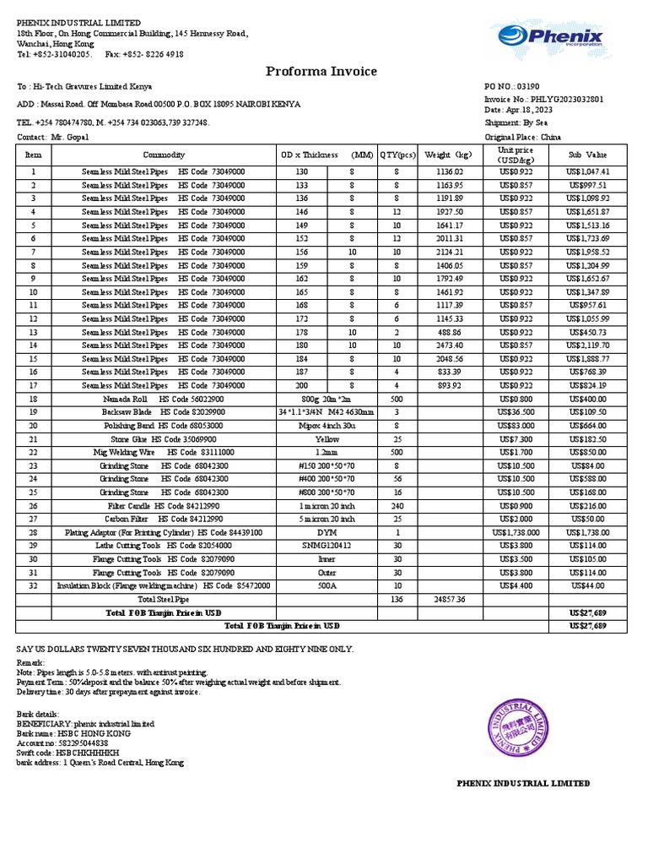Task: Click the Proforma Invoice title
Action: tap(321, 72)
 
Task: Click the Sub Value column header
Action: tap(586, 155)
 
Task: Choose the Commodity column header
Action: tap(164, 155)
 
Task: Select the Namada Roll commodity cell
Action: tap(164, 399)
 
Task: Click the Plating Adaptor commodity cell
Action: tap(164, 533)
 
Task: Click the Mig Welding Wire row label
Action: tap(164, 453)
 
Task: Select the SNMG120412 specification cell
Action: tap(327, 547)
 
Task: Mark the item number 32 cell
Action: tap(34, 585)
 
